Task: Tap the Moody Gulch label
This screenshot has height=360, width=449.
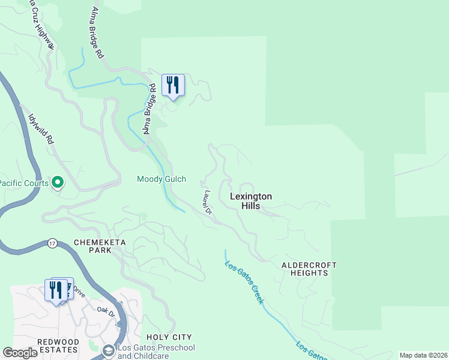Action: pyautogui.click(x=161, y=179)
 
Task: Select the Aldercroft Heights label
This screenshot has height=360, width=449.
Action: pyautogui.click(x=309, y=269)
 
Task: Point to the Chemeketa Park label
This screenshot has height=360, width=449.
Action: pyautogui.click(x=92, y=246)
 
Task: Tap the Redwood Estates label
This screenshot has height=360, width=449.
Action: pyautogui.click(x=58, y=346)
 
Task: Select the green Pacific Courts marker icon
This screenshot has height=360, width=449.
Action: pyautogui.click(x=58, y=181)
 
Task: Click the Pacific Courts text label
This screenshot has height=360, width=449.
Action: pyautogui.click(x=24, y=183)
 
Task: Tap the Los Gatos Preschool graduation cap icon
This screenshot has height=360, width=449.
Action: pyautogui.click(x=109, y=350)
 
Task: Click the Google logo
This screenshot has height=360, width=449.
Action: pyautogui.click(x=20, y=353)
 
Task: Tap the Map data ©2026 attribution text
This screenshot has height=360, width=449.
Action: pyautogui.click(x=423, y=355)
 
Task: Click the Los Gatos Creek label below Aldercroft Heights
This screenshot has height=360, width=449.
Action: pyautogui.click(x=244, y=281)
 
